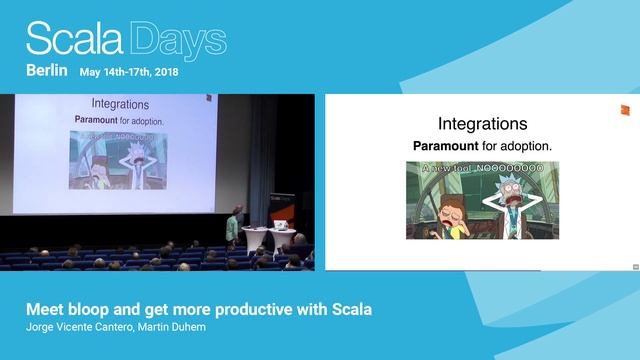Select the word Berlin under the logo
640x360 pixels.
[x=46, y=71]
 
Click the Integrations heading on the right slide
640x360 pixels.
[x=482, y=125]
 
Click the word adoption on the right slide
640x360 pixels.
[x=527, y=146]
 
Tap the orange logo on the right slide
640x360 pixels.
[x=623, y=109]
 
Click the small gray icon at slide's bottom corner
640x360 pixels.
[x=635, y=266]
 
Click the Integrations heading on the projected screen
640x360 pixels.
[x=120, y=104]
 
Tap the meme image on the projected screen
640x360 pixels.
[x=119, y=159]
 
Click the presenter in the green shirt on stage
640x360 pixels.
[x=233, y=226]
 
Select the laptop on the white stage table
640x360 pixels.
[x=255, y=228]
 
